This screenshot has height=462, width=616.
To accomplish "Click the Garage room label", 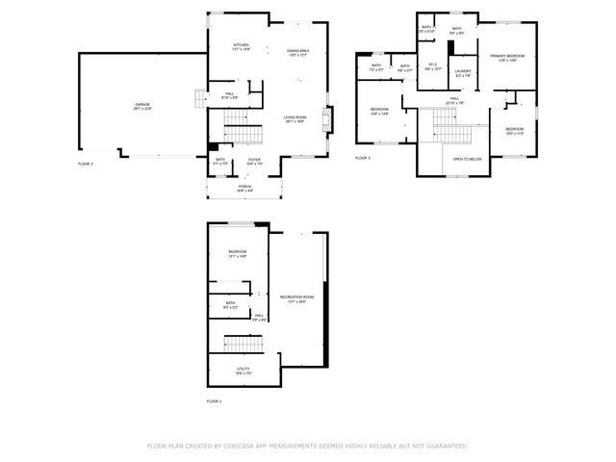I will coord(142,106).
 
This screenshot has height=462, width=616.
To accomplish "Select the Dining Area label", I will coord(297,51).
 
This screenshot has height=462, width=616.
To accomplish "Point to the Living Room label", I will coord(295,119).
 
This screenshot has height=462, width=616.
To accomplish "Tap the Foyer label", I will coord(254,161).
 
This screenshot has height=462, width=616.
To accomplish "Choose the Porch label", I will coord(245,188).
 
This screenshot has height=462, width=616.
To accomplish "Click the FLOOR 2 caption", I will coord(86,165).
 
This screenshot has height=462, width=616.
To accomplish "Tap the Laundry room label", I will coord(463,73).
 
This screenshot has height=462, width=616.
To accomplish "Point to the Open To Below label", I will coord(468,159).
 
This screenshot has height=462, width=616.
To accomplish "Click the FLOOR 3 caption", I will coord(362,157).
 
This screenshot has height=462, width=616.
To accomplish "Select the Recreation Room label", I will coord(293,298).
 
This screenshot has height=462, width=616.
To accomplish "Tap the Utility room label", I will coord(244,370).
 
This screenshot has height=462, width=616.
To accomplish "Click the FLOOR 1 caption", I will coord(214,400).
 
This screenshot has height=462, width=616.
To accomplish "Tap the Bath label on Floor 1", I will coord(231,304).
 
